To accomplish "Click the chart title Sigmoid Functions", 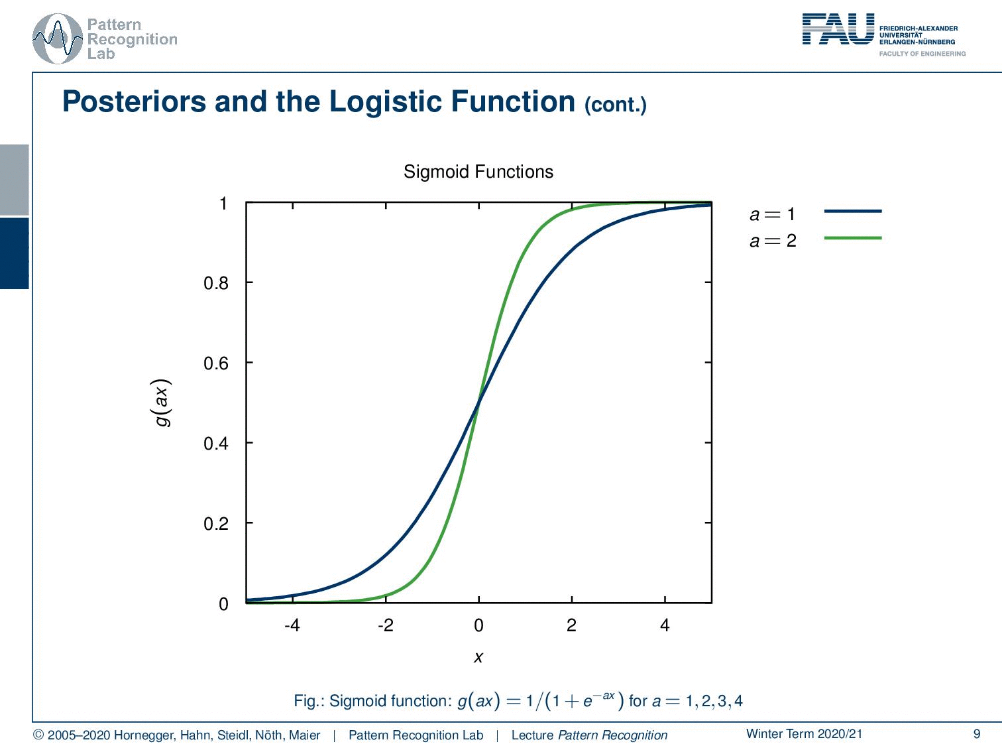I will [478, 172].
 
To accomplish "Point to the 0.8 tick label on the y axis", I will [215, 284].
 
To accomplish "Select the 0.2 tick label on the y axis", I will [215, 524].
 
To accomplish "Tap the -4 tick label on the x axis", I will [292, 625].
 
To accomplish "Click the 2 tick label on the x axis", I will [571, 625].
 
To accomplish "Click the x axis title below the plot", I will [478, 657].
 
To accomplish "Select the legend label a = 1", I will [772, 214].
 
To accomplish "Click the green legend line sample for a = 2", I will [852, 237].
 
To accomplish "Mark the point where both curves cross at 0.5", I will [478, 402].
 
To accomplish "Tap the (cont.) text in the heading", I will [615, 105].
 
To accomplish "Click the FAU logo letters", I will [838, 30].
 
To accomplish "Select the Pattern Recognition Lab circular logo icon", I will [58, 39].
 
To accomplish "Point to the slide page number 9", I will [976, 733].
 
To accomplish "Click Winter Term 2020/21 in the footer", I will [804, 733].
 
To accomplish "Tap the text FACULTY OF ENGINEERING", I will [922, 54].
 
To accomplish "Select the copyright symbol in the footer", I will [38, 735].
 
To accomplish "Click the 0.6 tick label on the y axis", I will [215, 364].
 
